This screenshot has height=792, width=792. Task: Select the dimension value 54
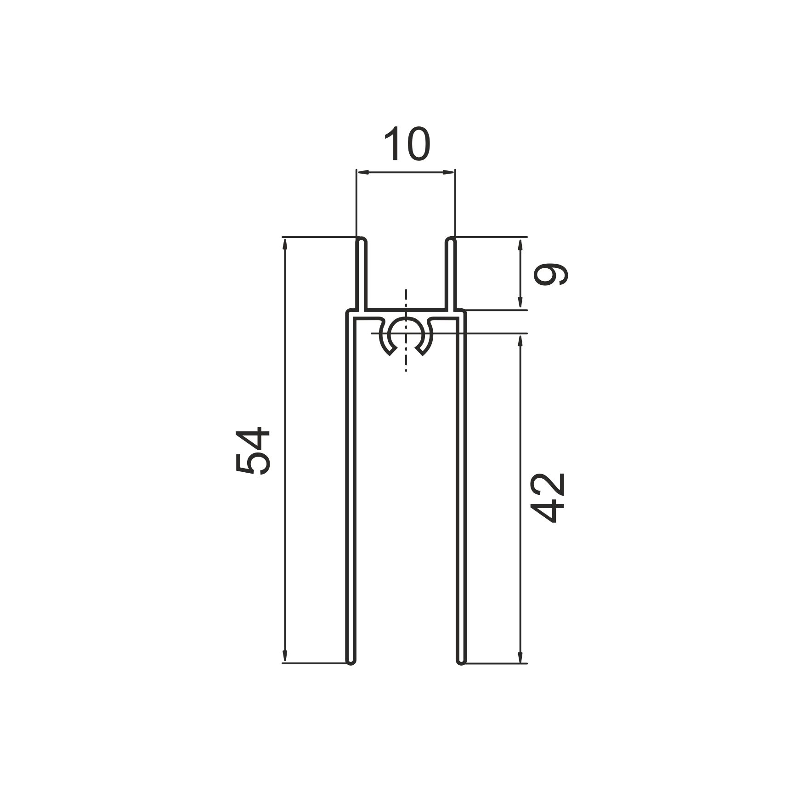pos(252,450)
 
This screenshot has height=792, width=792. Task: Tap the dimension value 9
pos(550,274)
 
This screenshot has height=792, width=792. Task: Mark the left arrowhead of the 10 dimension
pos(363,172)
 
